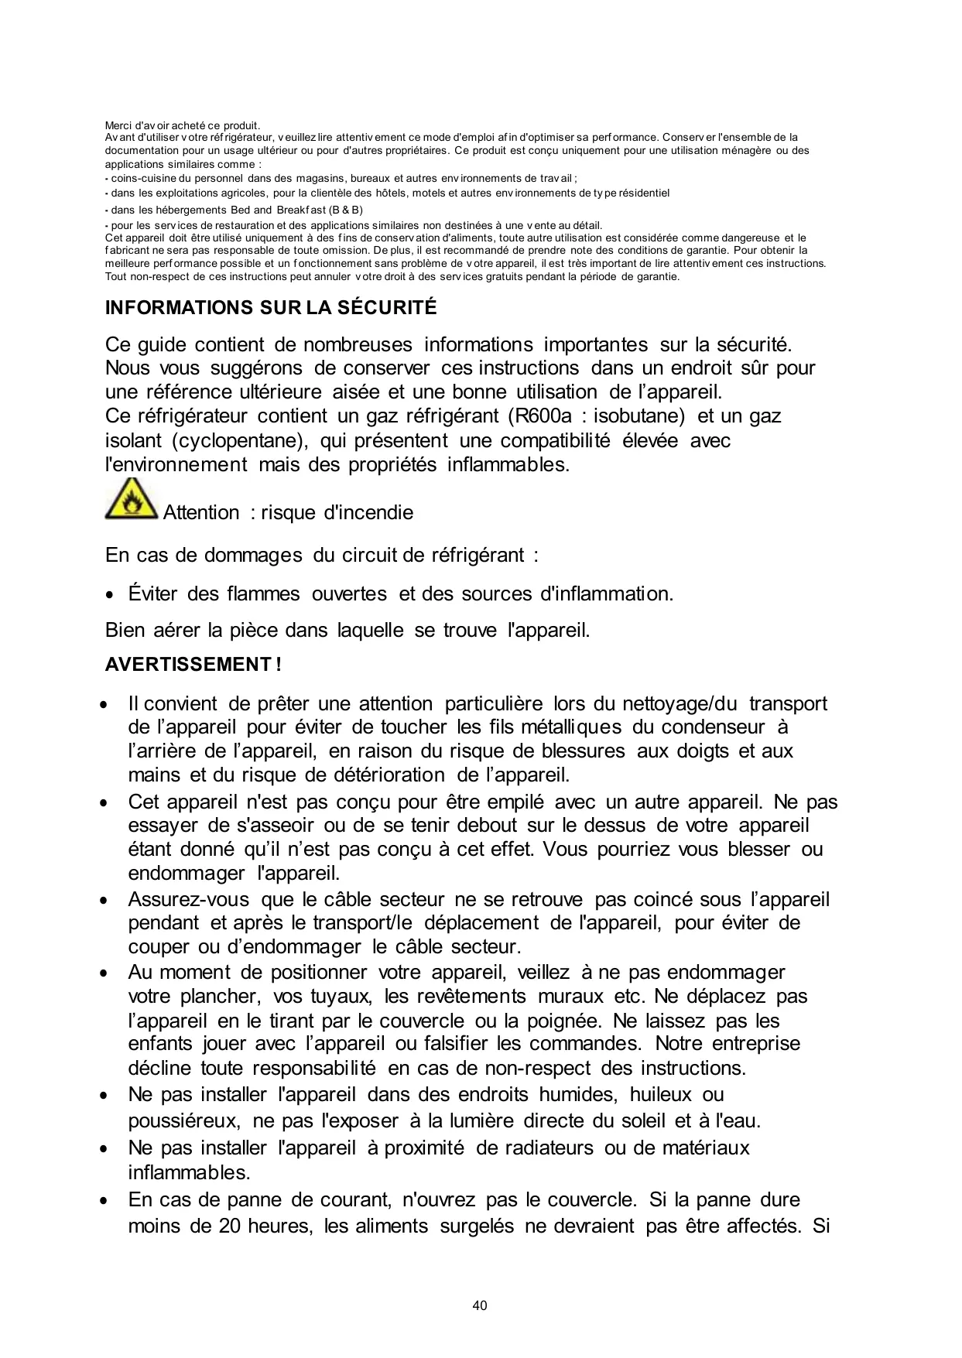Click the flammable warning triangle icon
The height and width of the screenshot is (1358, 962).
[x=131, y=500]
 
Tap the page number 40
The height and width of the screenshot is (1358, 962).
[x=480, y=1305]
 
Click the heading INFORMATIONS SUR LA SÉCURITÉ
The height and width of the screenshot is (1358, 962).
[x=271, y=308]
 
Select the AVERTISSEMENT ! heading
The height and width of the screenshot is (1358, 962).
[x=193, y=665]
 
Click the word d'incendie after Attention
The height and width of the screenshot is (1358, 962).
[x=368, y=513]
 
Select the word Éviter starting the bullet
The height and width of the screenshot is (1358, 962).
[x=153, y=594]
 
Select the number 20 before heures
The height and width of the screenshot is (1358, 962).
[x=230, y=1226]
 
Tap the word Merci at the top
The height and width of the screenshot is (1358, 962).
[x=118, y=125]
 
